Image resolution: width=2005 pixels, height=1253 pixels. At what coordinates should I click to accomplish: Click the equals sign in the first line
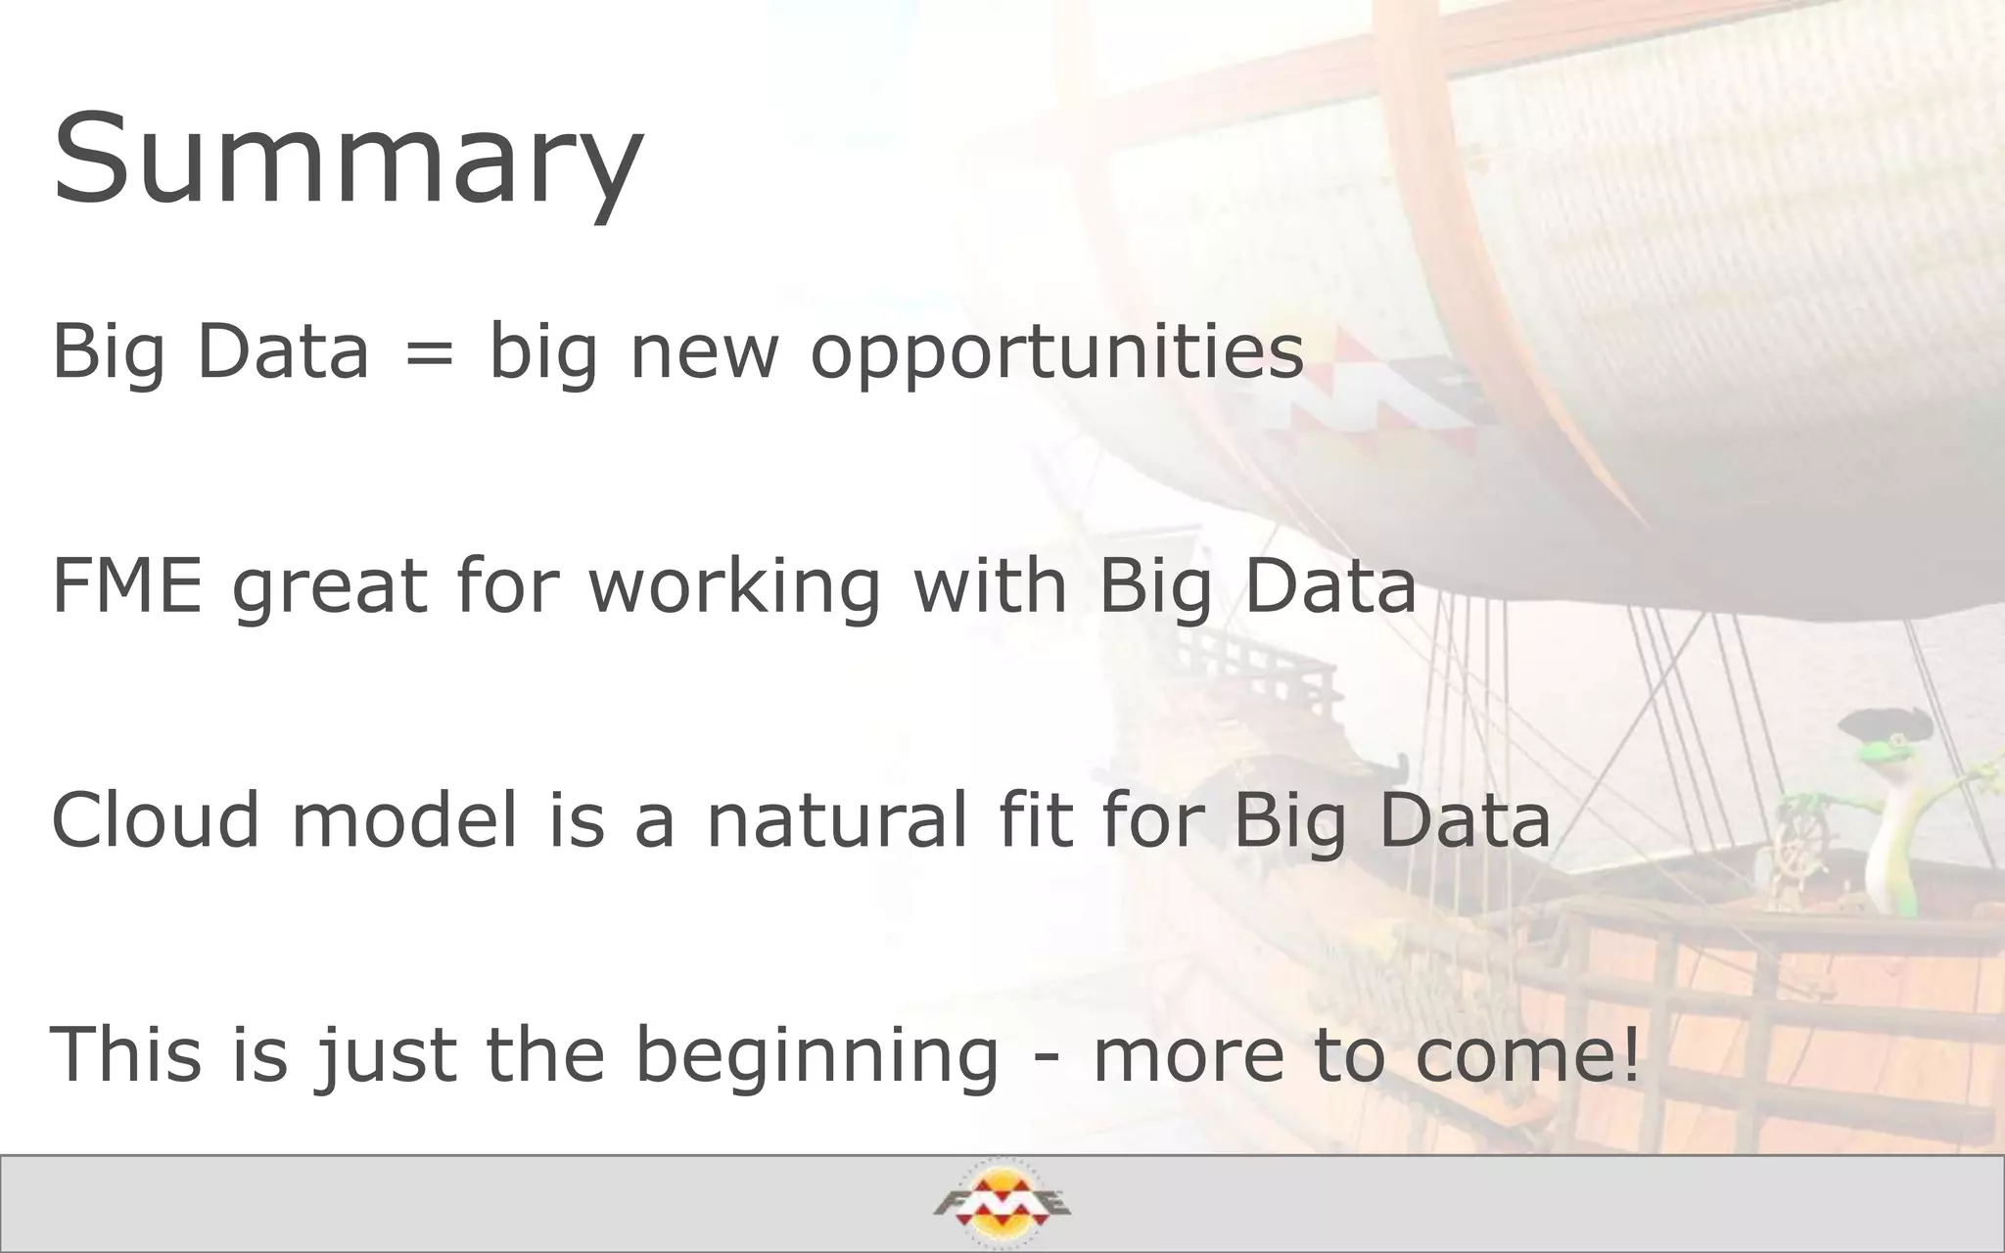click(x=429, y=351)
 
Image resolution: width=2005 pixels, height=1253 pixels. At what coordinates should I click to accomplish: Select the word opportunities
click(x=1057, y=352)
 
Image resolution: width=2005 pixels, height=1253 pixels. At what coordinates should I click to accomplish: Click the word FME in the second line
click(x=126, y=585)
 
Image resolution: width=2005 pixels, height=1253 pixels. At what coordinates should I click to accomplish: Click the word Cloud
click(x=156, y=819)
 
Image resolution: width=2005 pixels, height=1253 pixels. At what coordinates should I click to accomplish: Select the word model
click(x=404, y=819)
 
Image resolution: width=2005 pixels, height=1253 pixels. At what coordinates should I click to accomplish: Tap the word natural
click(x=837, y=819)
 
